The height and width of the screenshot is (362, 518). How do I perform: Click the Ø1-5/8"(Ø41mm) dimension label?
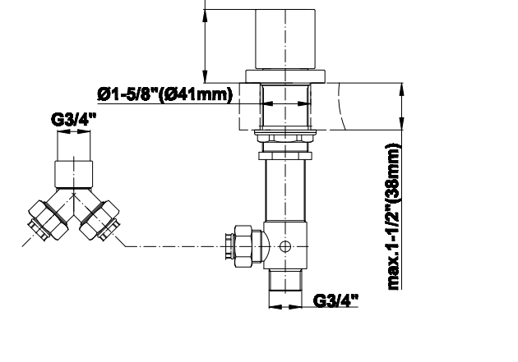pos(164,95)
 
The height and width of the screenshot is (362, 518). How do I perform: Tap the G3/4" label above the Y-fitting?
pos(74,119)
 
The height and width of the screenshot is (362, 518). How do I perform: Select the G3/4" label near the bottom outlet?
pos(335,300)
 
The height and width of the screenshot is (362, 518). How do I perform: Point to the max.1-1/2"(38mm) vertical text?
pos(394,216)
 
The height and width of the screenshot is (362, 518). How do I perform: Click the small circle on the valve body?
pos(285,246)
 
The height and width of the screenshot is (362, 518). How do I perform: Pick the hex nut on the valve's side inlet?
pos(243,246)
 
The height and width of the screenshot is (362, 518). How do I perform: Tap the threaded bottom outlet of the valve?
pos(285,280)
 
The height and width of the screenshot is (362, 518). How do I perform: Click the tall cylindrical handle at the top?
pos(285,39)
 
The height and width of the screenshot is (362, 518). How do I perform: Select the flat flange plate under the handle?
pos(285,76)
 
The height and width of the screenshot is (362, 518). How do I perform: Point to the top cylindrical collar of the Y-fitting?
pos(74,174)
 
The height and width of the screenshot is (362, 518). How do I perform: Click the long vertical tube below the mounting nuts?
pos(285,190)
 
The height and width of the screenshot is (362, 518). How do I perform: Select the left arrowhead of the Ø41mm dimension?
pos(267,103)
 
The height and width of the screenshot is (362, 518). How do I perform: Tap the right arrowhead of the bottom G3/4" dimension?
pos(296,307)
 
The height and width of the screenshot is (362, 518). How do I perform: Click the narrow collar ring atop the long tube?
pos(285,156)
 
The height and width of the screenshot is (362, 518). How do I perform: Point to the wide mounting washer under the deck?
pos(285,132)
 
